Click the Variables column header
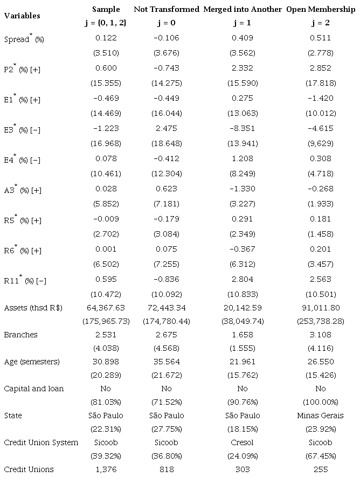pos(22,16)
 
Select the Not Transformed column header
pos(167,9)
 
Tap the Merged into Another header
pos(243,9)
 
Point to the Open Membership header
pos(321,9)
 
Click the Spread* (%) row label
pos(24,39)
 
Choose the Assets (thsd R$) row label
pos(33,308)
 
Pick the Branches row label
pos(20,335)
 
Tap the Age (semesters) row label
pos(32,362)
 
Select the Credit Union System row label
pos(41,442)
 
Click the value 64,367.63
pos(106,308)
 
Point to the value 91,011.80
pos(321,308)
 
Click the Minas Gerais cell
pos(321,415)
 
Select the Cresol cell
pos(243,442)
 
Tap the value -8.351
pos(243,128)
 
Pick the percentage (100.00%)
pos(321,402)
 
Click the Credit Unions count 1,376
pos(106,469)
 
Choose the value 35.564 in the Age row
pos(167,362)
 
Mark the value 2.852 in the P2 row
pos(321,69)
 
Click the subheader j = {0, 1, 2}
pos(106,23)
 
